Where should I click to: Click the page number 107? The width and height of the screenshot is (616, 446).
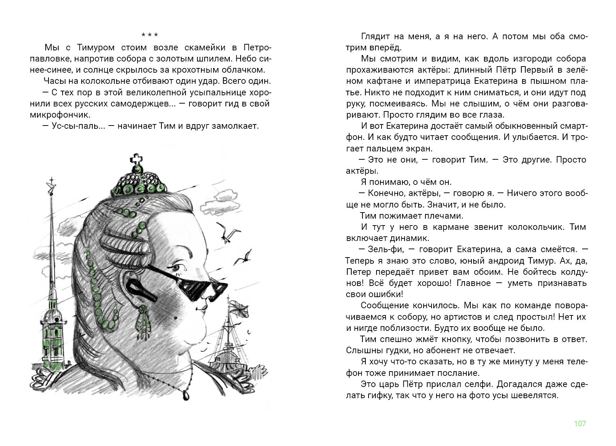coord(580,423)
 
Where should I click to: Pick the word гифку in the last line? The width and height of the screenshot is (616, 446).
coord(374,395)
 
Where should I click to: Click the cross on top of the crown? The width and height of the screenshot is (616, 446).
coord(136,159)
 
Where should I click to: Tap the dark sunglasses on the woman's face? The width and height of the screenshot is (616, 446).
coord(201,284)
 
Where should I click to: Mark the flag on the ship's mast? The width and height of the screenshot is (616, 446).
coord(239,308)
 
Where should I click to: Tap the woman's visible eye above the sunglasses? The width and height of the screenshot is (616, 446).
coord(176,268)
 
